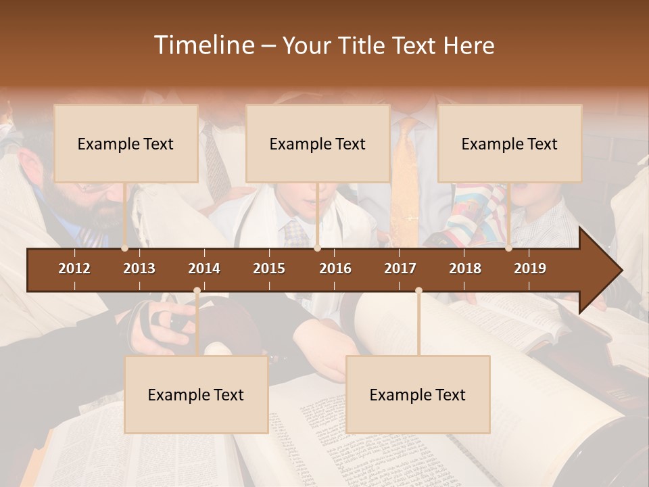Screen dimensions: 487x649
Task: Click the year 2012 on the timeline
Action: coord(74,269)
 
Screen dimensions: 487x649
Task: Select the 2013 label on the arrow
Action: coord(139,269)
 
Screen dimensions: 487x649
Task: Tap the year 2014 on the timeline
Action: coord(204,269)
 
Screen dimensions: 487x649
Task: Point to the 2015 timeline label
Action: coord(269,269)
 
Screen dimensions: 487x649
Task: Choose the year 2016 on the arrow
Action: coord(335,269)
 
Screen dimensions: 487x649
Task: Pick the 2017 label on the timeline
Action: coord(400,269)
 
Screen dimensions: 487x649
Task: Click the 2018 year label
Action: coord(465,269)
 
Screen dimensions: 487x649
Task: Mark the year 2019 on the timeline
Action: coord(530,269)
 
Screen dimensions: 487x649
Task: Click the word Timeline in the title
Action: coord(203,45)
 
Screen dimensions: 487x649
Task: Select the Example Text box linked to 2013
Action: coord(126,143)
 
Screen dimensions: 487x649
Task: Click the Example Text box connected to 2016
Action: coord(318,143)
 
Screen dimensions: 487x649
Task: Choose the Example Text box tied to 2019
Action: coord(510,143)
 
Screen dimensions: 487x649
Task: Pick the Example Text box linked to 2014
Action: coord(196,394)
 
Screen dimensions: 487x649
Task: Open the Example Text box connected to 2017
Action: coord(418,394)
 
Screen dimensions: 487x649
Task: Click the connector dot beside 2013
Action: coord(125,248)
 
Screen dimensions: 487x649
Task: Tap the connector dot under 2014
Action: coord(197,291)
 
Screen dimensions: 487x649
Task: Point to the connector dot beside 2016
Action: coord(318,248)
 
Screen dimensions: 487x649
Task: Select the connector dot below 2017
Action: coord(418,291)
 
